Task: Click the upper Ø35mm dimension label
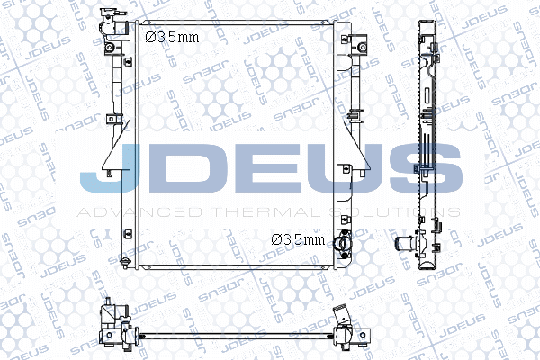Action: coord(172,37)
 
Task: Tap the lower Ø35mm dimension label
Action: coord(298,239)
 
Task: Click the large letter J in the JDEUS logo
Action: coord(110,167)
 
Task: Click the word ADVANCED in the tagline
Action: coord(139,212)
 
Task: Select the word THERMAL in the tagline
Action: coord(267,212)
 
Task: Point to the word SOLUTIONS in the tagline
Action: coord(395,212)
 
